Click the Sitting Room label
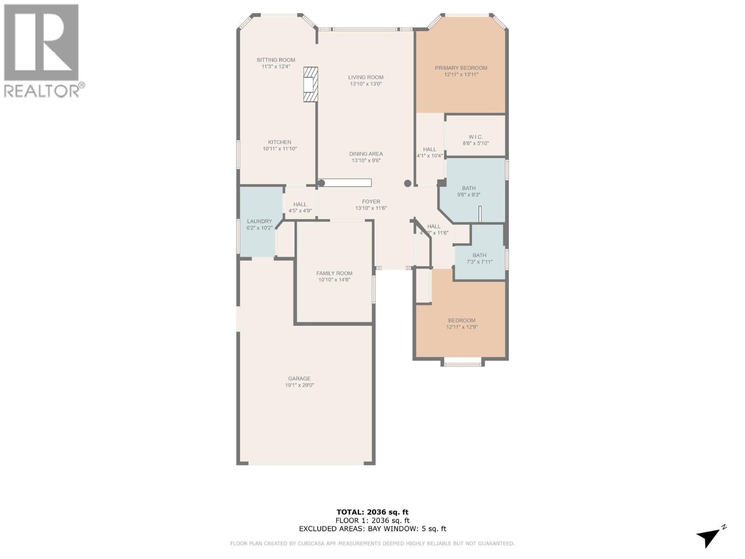276,60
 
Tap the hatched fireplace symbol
311,84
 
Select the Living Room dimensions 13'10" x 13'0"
366,84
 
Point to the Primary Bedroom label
461,68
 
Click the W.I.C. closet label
475,137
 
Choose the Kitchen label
279,143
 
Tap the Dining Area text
366,154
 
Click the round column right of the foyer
407,183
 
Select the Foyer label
371,202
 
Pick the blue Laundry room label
259,222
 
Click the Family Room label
334,273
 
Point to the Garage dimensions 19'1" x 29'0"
299,386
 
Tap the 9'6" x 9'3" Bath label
468,191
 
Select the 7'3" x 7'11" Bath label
479,259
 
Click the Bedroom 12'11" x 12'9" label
461,323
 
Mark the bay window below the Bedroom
462,362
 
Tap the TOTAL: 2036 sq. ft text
372,512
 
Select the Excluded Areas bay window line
372,529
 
